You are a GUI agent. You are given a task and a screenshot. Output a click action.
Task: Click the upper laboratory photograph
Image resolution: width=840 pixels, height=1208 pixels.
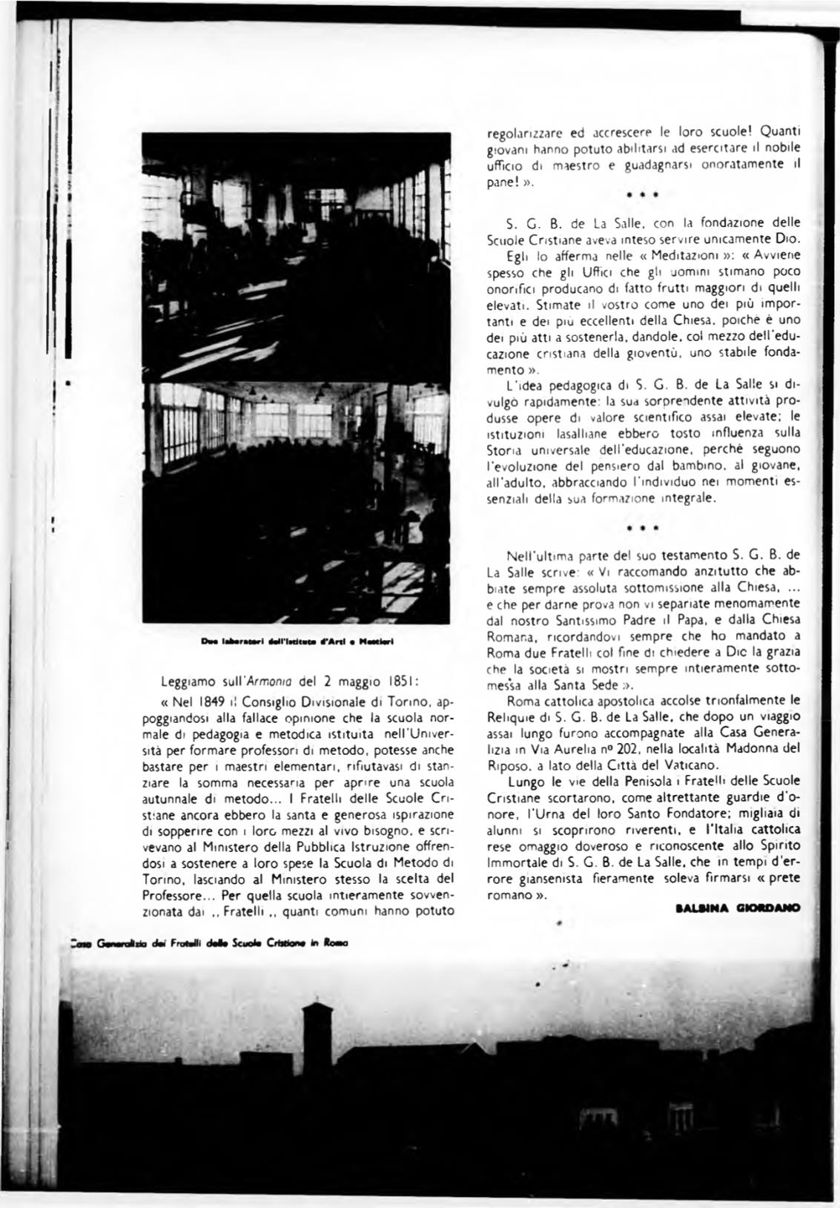click(297, 257)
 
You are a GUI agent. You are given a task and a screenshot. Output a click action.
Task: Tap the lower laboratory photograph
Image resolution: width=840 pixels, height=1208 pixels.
click(297, 501)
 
